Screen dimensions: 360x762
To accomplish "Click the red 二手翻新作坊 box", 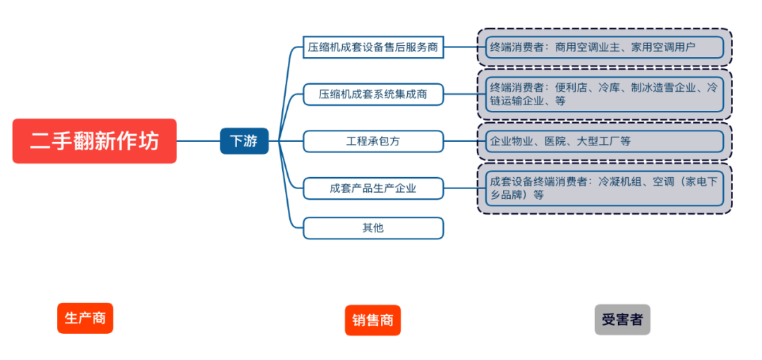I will click(95, 141).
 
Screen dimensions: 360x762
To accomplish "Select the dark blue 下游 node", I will click(244, 141).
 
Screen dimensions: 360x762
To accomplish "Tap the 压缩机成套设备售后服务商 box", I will click(373, 47).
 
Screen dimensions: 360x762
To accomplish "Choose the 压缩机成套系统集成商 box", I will click(373, 94).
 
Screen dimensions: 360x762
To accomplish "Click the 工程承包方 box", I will click(373, 141).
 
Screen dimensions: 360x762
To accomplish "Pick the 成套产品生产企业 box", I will click(373, 188).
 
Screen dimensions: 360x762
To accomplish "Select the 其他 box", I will click(373, 228).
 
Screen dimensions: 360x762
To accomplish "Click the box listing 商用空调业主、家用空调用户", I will click(605, 47).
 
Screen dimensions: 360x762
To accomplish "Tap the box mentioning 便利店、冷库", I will click(605, 94).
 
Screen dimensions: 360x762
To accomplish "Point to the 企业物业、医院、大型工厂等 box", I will click(605, 141).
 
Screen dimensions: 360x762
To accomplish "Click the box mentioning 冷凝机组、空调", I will click(605, 188).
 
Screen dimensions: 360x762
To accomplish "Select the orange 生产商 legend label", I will click(85, 318).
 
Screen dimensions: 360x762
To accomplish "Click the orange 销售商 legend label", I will click(373, 320).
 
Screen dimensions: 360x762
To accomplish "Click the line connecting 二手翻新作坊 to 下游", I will click(198, 141).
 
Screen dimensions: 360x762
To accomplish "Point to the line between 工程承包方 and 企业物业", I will click(461, 141).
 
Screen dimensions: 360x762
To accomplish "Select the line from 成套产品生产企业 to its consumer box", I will click(461, 188).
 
